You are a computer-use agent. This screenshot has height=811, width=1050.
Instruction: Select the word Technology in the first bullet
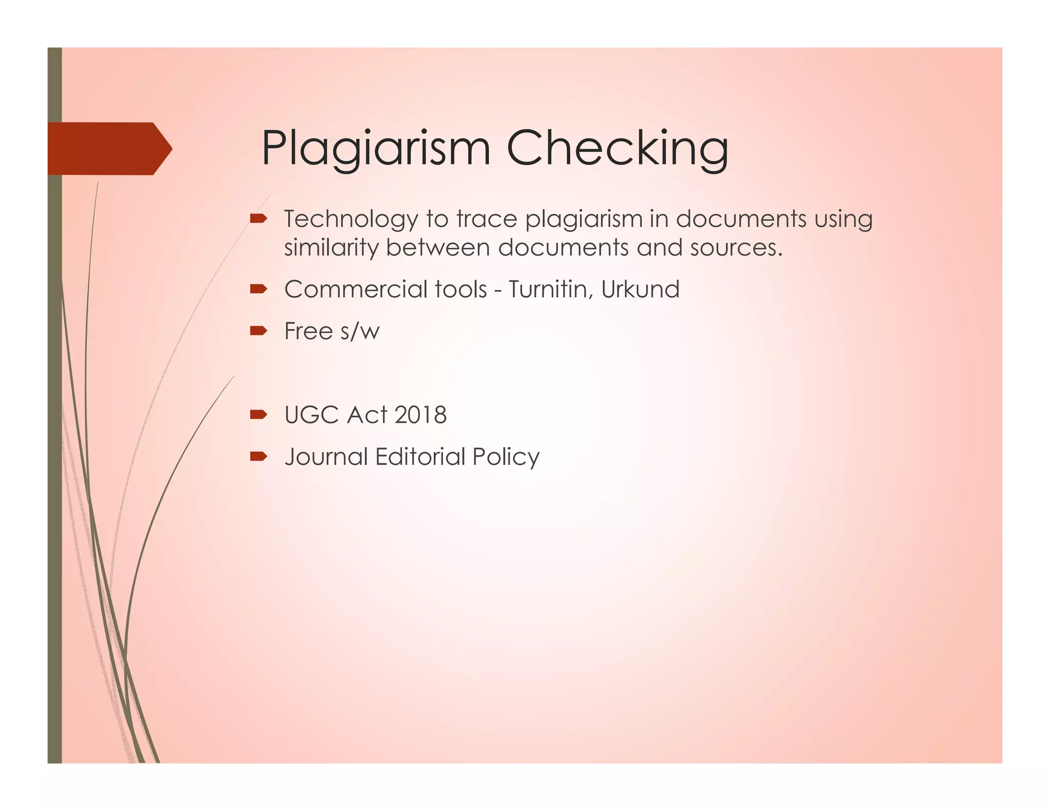tap(351, 219)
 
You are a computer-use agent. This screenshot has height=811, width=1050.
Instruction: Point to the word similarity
tap(331, 248)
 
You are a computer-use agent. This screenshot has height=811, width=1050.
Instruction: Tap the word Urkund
tap(640, 290)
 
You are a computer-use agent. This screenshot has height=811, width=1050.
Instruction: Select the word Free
tap(308, 331)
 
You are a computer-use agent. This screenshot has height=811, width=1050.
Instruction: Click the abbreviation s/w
tap(359, 332)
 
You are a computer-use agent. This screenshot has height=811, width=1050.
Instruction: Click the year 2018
tap(421, 415)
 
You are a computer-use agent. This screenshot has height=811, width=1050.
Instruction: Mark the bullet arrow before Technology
tap(258, 219)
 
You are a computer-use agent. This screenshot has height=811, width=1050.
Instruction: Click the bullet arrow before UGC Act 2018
tap(258, 415)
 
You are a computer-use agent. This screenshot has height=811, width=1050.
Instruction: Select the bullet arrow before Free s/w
tap(258, 331)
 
